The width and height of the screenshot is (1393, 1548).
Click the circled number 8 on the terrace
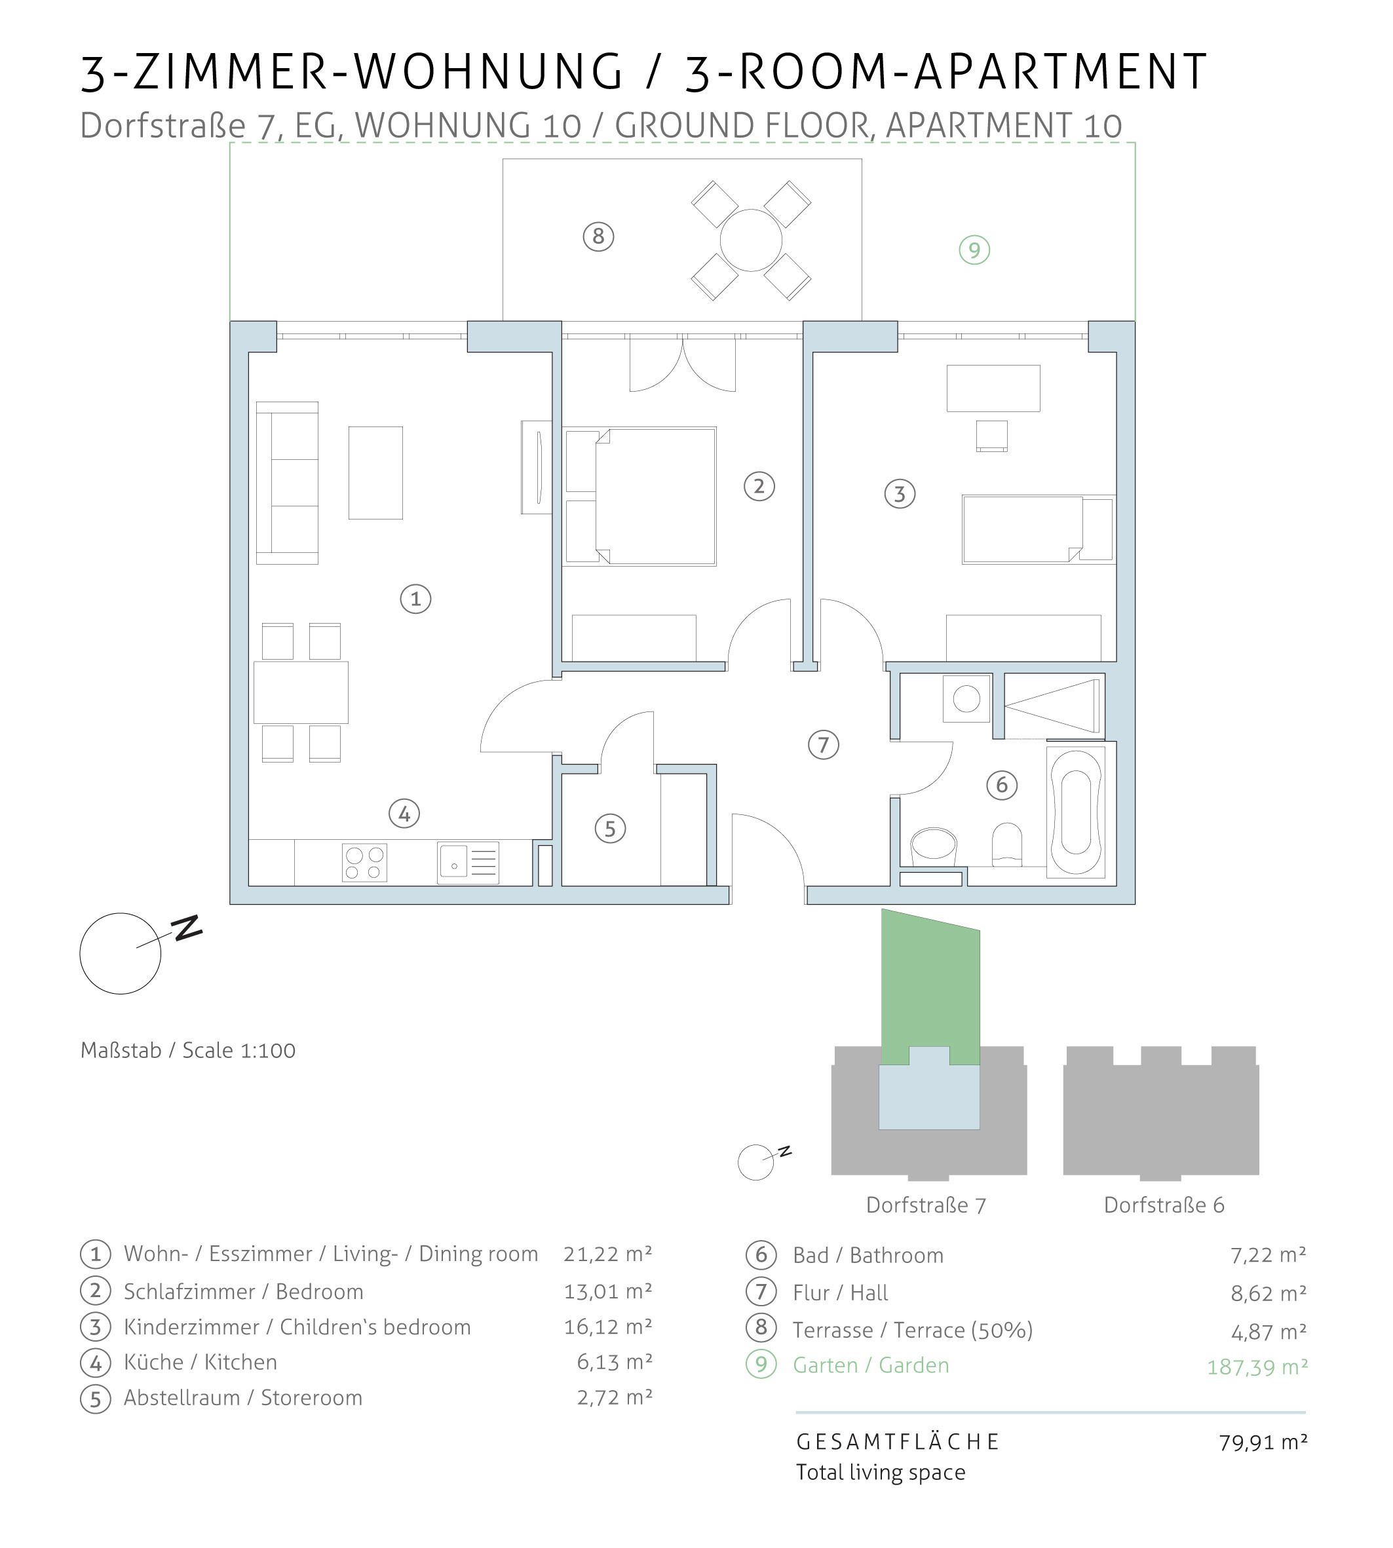[598, 236]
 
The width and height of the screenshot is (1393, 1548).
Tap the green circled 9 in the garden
[974, 250]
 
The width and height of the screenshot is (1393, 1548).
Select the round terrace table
[751, 240]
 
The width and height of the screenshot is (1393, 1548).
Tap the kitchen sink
[468, 863]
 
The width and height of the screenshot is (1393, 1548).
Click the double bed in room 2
[640, 497]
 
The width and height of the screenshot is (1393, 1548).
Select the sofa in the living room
[287, 483]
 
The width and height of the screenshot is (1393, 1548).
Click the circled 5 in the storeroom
[610, 829]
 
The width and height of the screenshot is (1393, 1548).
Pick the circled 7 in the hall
[824, 745]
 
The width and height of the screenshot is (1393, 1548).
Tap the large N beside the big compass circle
[188, 928]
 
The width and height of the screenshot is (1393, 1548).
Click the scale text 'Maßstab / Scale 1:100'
[188, 1051]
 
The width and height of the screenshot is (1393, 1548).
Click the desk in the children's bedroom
[993, 388]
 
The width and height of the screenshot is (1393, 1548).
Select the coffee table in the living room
[376, 473]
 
